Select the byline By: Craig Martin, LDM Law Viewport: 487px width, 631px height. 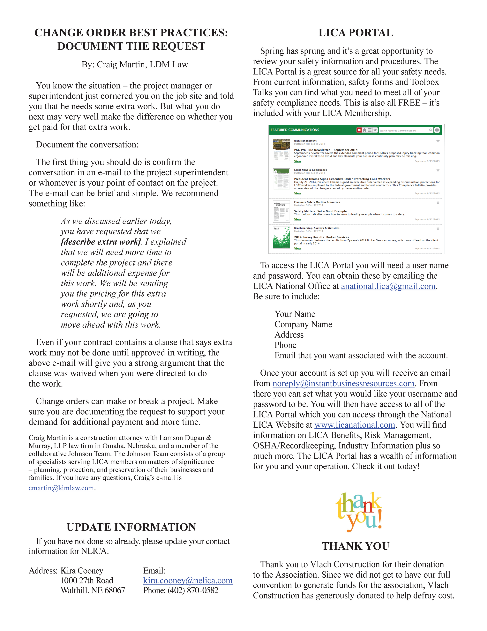pyautogui.click(x=135, y=64)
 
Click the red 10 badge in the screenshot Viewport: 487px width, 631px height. pyautogui.click(x=359, y=130)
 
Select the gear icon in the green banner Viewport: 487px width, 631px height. pyautogui.click(x=437, y=130)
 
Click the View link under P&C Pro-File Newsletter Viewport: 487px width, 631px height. pyautogui.click(x=297, y=161)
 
